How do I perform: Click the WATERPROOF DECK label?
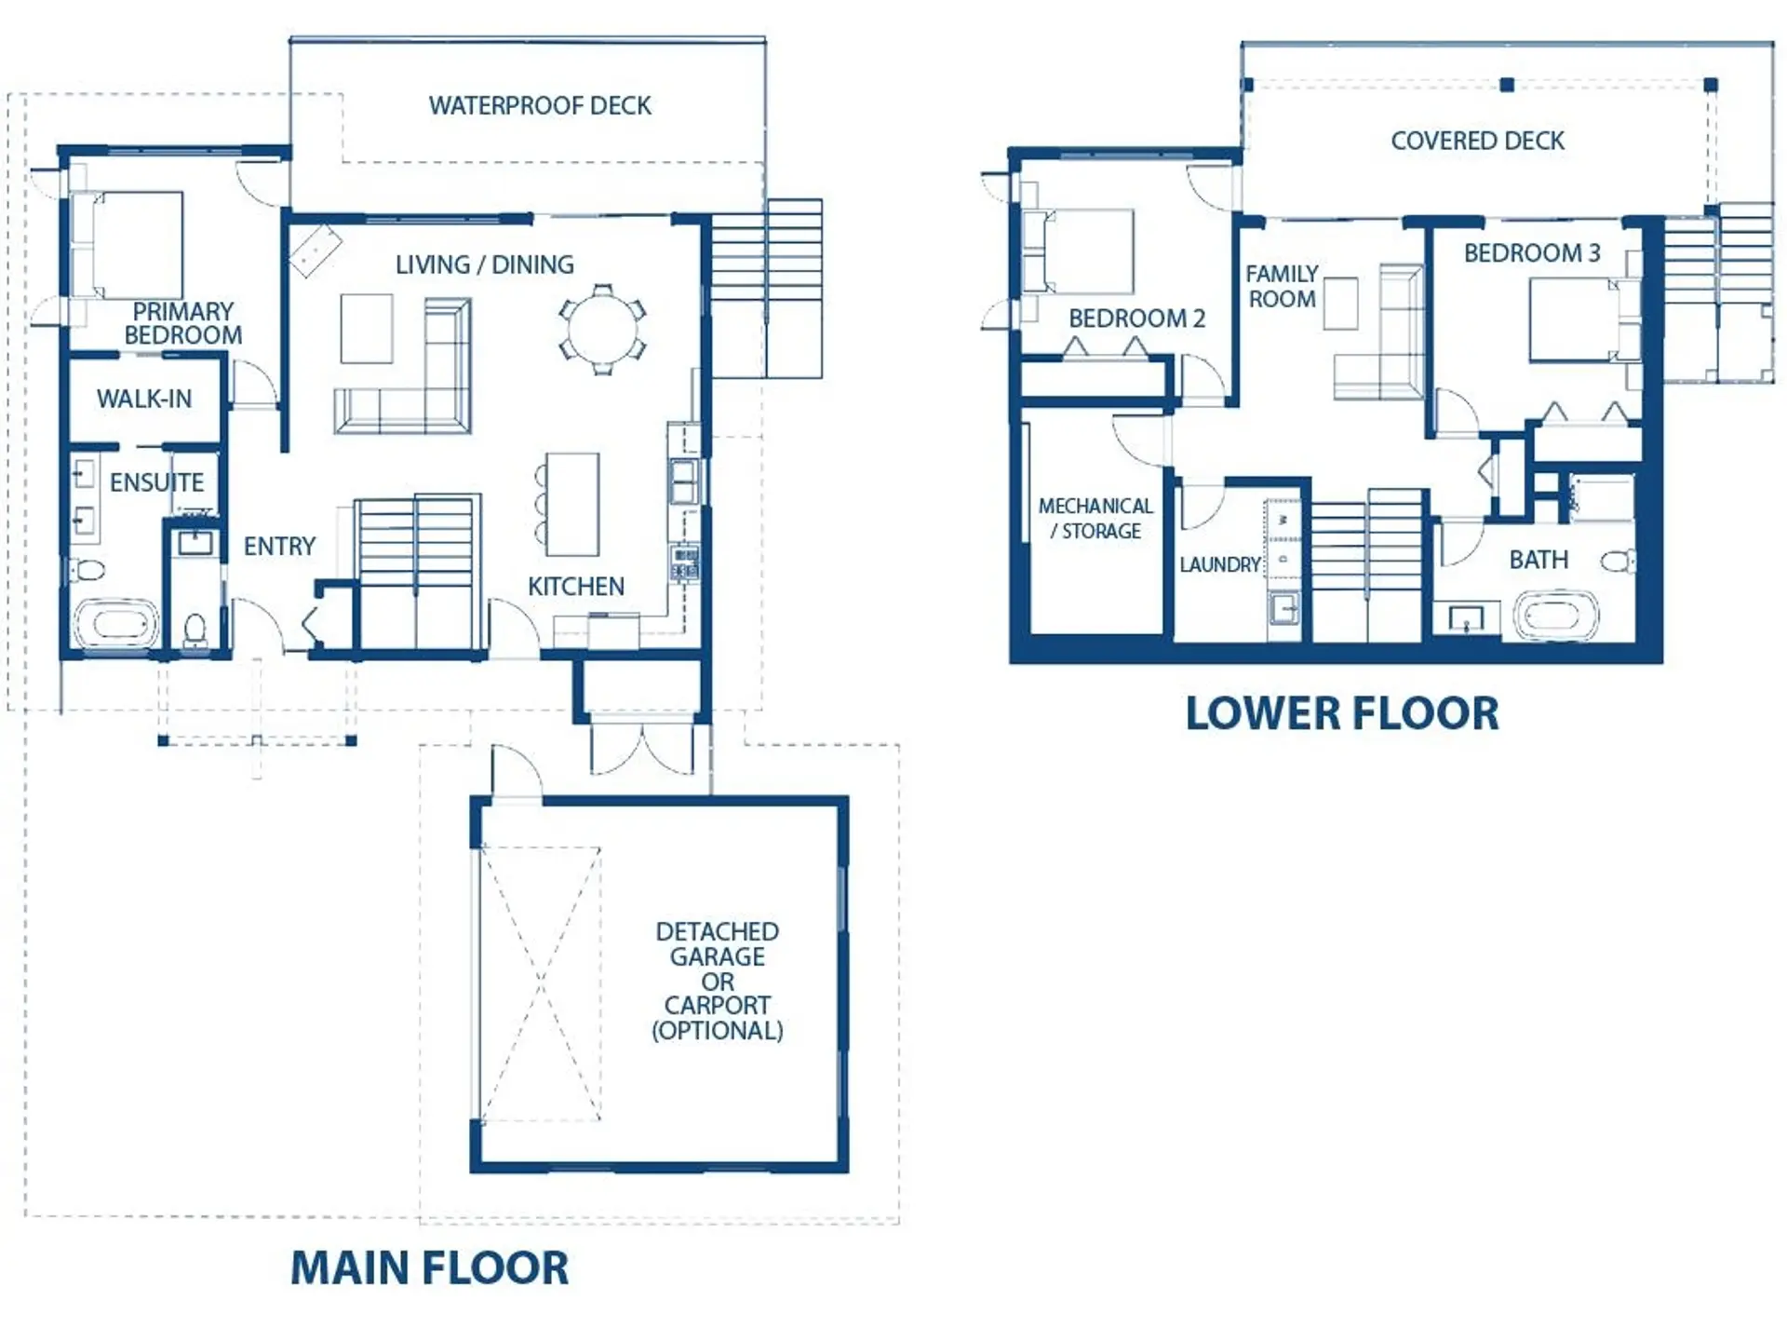pos(540,106)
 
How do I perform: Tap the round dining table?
pos(602,330)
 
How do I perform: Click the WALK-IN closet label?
pos(144,399)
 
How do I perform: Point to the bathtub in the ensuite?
pos(115,623)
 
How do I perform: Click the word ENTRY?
pos(279,547)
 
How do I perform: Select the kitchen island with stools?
pos(571,504)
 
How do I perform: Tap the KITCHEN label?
pos(575,587)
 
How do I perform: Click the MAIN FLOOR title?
pos(429,1268)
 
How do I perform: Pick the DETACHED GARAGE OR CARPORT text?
pos(717,981)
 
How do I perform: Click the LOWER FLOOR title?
pos(1341,714)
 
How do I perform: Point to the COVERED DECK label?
pos(1477,142)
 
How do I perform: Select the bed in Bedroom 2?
pos(1080,251)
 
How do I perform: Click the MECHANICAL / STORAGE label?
pos(1095,519)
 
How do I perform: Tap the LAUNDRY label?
pos(1219,565)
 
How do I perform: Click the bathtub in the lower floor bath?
pos(1555,616)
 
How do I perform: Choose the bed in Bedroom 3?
pos(1582,319)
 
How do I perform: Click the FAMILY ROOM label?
pos(1282,287)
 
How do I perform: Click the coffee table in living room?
pos(366,328)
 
